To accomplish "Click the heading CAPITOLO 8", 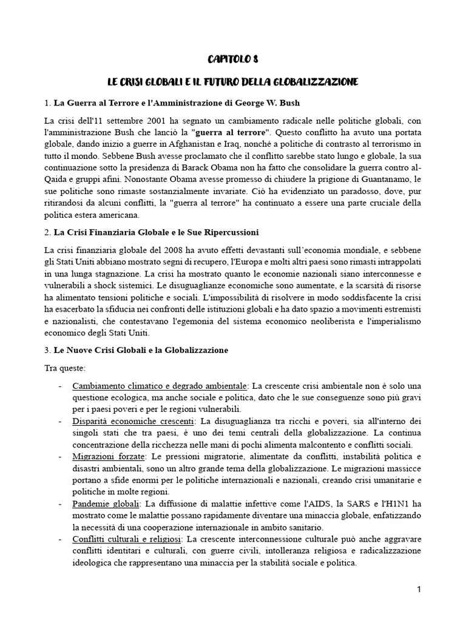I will click(233, 59).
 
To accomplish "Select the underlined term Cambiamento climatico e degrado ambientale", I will click(160, 386).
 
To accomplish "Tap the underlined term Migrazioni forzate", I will click(109, 457).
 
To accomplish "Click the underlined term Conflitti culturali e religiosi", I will click(127, 539).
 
